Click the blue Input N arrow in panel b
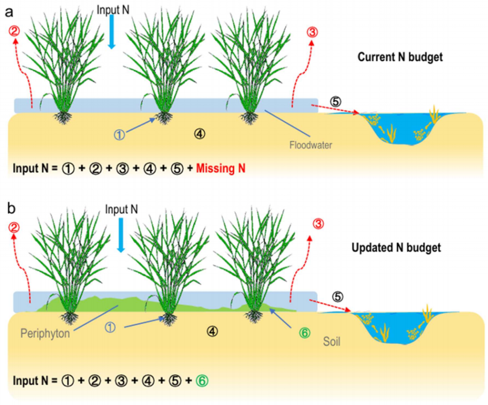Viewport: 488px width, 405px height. click(x=120, y=236)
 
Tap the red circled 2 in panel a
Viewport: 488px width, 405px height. click(x=15, y=32)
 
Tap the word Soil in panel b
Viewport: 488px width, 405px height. click(x=331, y=341)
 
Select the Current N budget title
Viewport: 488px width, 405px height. click(x=400, y=57)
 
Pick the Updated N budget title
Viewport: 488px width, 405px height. click(x=396, y=249)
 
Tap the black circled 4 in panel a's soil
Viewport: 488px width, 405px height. click(x=200, y=133)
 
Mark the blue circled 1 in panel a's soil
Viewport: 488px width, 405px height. click(x=119, y=134)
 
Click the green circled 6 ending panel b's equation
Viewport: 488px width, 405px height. click(x=203, y=380)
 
